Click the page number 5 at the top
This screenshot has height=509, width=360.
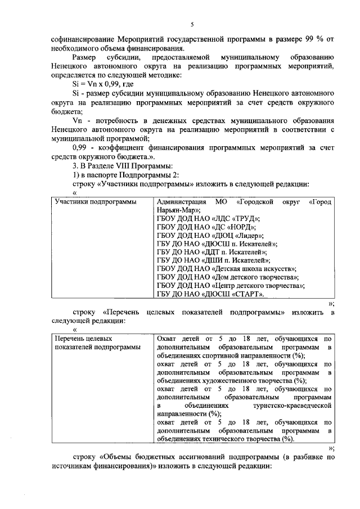coord(192,25)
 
